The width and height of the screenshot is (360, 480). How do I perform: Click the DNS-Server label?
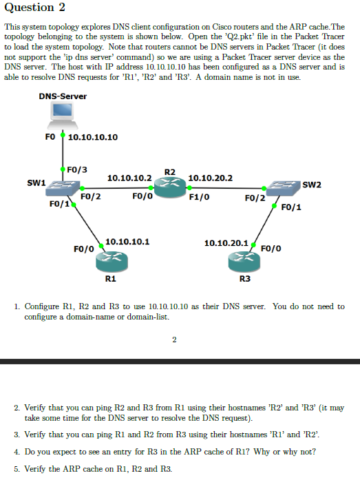point(63,96)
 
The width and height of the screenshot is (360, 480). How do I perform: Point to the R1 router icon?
point(110,259)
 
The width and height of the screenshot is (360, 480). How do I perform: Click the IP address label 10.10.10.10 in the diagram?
point(93,137)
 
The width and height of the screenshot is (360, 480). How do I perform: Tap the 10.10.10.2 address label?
point(129,178)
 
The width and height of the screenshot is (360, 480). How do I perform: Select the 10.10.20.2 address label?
point(210,178)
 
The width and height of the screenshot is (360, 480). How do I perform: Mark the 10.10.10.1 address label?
point(127,242)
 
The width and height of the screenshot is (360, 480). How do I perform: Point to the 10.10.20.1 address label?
point(226,242)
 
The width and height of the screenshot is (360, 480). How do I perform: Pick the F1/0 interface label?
point(199,196)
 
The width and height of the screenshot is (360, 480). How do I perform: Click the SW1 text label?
point(36,183)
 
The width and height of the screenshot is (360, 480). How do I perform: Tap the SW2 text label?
point(312,185)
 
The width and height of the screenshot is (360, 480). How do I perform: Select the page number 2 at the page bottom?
point(174,338)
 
